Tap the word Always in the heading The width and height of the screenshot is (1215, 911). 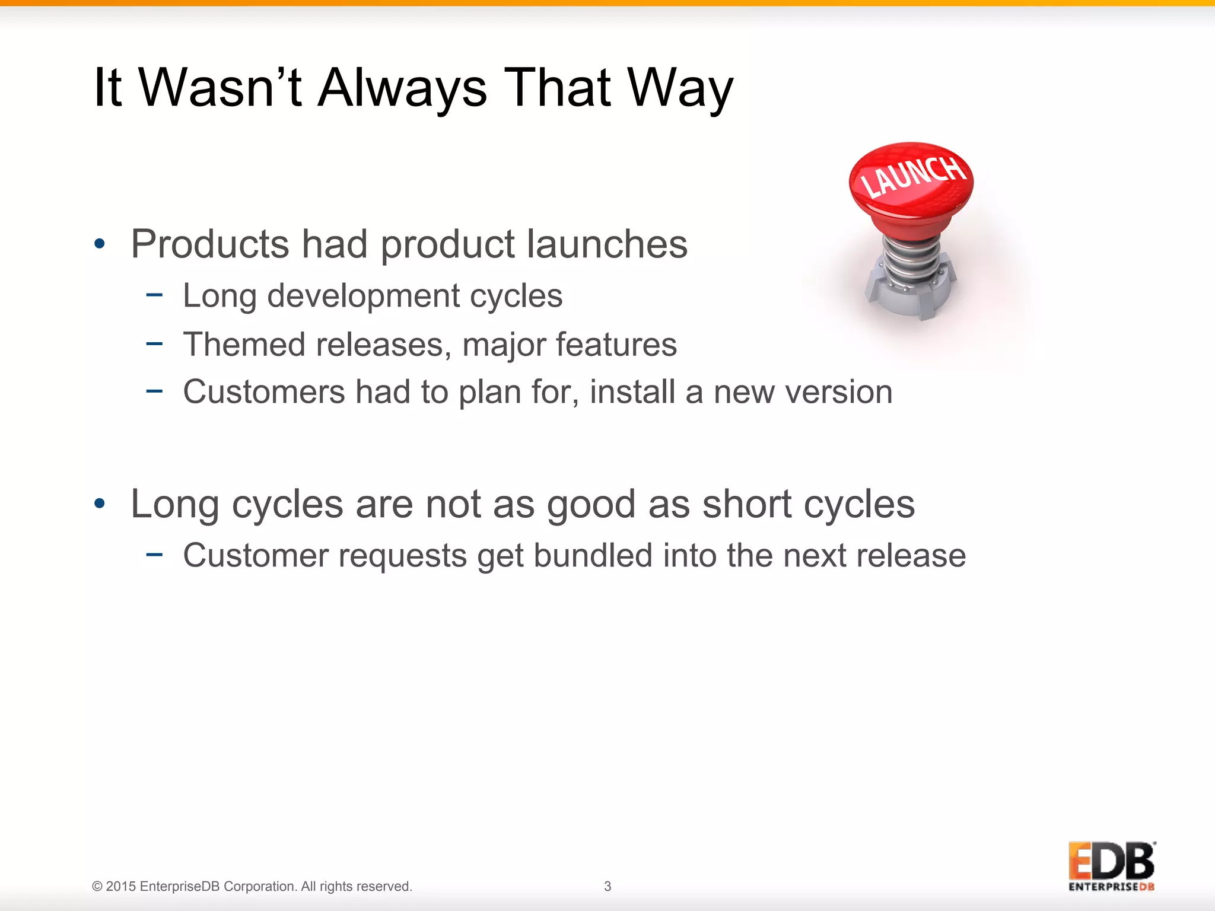[402, 89]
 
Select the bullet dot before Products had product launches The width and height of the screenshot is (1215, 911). [100, 244]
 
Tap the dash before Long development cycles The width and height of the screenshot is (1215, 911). [154, 294]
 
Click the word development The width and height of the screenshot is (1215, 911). [363, 296]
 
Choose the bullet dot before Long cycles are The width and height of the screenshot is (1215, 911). [100, 504]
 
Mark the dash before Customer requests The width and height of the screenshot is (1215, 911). [154, 554]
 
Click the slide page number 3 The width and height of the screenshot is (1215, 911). [607, 886]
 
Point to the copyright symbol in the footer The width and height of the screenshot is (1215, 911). [97, 887]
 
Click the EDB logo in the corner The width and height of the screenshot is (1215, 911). [1111, 866]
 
